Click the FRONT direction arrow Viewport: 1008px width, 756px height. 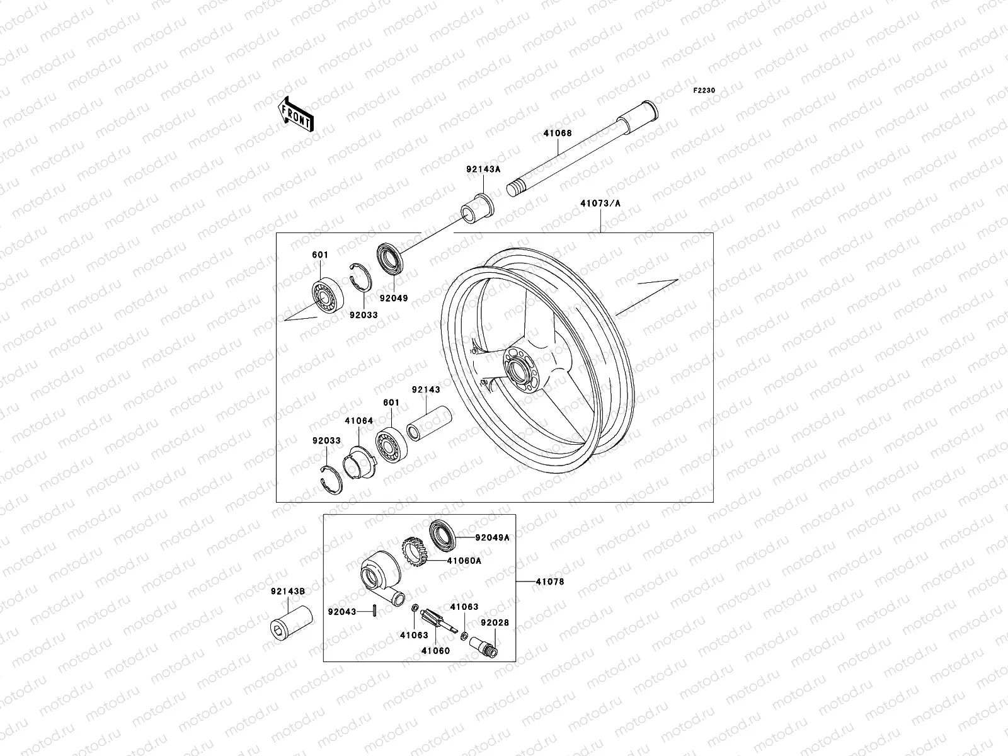304,114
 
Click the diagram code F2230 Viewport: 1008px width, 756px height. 704,91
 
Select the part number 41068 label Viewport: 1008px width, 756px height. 558,134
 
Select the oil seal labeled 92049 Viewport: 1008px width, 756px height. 391,259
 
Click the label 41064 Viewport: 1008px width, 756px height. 358,421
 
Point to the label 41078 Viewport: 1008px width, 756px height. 550,582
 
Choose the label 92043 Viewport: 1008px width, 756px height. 342,612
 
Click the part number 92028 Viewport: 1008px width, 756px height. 495,622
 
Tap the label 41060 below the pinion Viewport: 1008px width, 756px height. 436,651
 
